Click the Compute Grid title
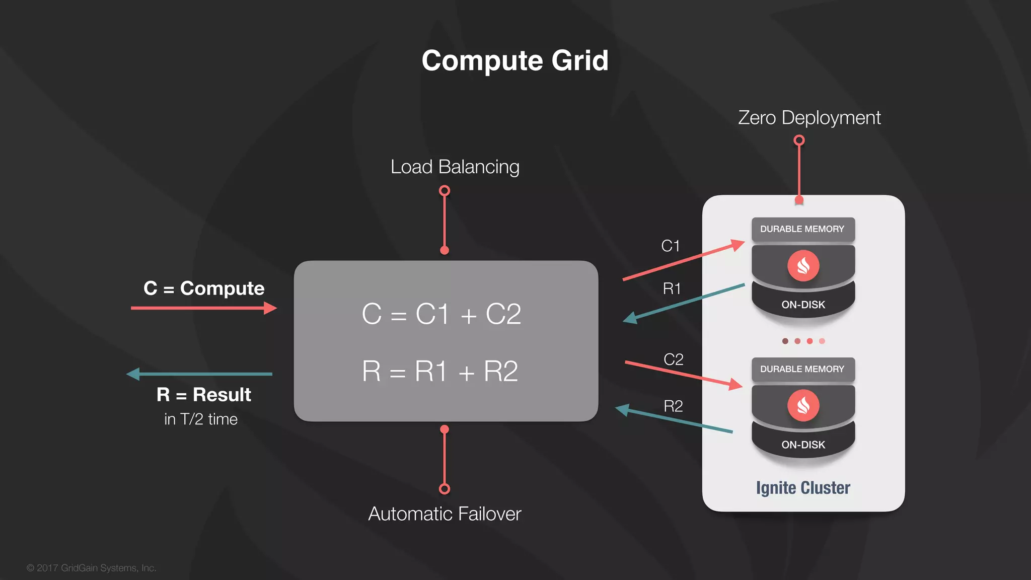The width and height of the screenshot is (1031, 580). tap(515, 60)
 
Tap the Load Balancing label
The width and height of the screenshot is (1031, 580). tap(455, 167)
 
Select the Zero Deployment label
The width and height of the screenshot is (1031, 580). tap(809, 118)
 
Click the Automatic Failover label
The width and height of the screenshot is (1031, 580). tap(445, 514)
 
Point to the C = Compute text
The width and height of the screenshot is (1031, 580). tap(204, 288)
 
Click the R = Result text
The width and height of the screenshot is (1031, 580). tap(204, 395)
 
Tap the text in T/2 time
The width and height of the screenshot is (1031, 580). tap(201, 419)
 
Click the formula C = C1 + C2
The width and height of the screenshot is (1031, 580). tap(441, 314)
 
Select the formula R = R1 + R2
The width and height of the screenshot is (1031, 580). tap(440, 372)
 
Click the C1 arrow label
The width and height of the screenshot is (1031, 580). tap(671, 246)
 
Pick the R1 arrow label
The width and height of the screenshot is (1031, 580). tap(672, 288)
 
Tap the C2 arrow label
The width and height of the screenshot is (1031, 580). tap(673, 359)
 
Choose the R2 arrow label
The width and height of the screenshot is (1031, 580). tap(673, 406)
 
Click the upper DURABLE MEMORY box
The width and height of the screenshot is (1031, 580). tap(802, 229)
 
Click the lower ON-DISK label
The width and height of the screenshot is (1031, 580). tap(803, 445)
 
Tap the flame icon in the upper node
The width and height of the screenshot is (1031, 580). tap(803, 265)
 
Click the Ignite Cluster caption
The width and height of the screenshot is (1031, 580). tap(803, 487)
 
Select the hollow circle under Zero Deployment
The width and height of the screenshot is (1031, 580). tap(799, 140)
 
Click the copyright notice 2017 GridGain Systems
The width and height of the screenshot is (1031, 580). tap(92, 568)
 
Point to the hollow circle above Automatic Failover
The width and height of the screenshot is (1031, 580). tap(445, 489)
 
